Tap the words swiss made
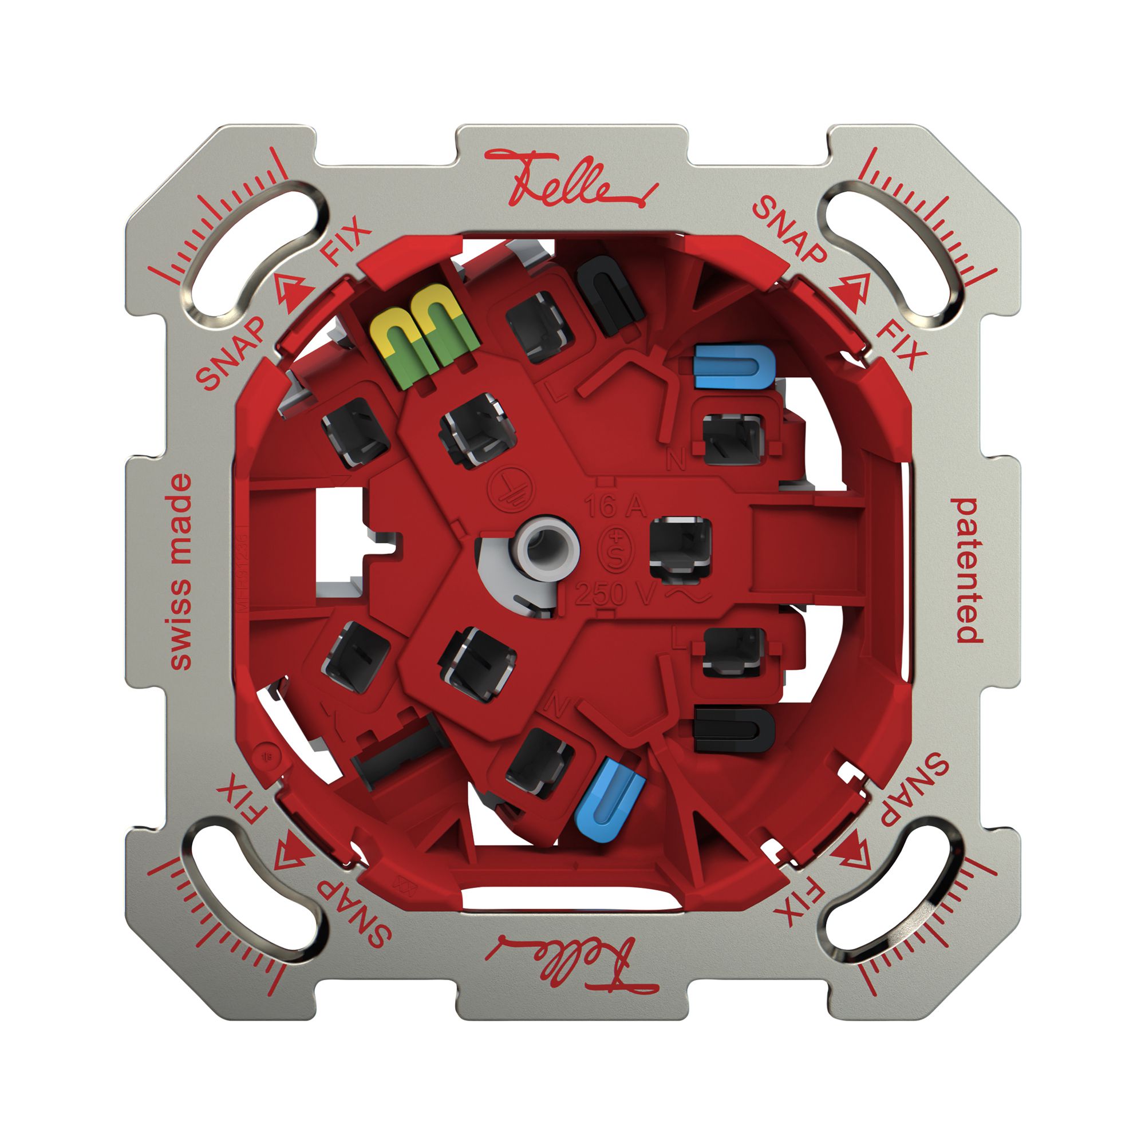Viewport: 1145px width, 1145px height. (x=181, y=571)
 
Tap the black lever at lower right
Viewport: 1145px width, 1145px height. (x=734, y=729)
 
